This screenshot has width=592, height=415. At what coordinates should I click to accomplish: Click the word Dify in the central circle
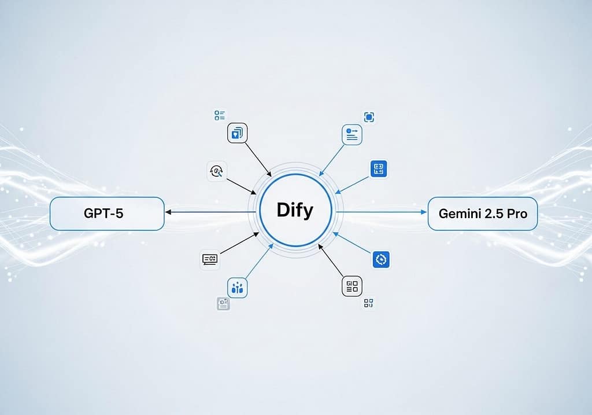coord(295,210)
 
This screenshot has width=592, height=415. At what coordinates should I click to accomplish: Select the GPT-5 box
coord(108,214)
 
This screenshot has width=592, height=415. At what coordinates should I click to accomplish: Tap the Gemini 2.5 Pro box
coord(482,214)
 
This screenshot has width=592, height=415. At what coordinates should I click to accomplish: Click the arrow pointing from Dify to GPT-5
coord(208,212)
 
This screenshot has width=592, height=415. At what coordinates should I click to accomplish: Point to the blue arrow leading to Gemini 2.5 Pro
coord(382,212)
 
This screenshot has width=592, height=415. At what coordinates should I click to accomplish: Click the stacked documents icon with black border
coord(237,133)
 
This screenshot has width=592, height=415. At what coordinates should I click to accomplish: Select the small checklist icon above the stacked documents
coord(220,116)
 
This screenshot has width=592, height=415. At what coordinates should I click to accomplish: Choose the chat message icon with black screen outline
coord(210,259)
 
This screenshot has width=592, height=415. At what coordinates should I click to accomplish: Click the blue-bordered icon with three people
coord(237,287)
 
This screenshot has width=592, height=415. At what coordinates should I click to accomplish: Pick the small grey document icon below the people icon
coord(223,303)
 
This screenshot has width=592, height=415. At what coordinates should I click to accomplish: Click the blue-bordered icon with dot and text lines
coord(352,134)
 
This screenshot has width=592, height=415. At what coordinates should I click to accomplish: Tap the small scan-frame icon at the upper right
coord(369,117)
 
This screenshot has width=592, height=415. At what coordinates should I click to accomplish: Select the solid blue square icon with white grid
coord(379,169)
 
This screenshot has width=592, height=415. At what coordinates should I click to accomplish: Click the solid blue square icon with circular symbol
coord(380,259)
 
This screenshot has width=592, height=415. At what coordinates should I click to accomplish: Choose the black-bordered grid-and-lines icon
coord(352,286)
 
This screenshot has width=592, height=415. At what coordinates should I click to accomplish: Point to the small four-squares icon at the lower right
coord(368,303)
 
